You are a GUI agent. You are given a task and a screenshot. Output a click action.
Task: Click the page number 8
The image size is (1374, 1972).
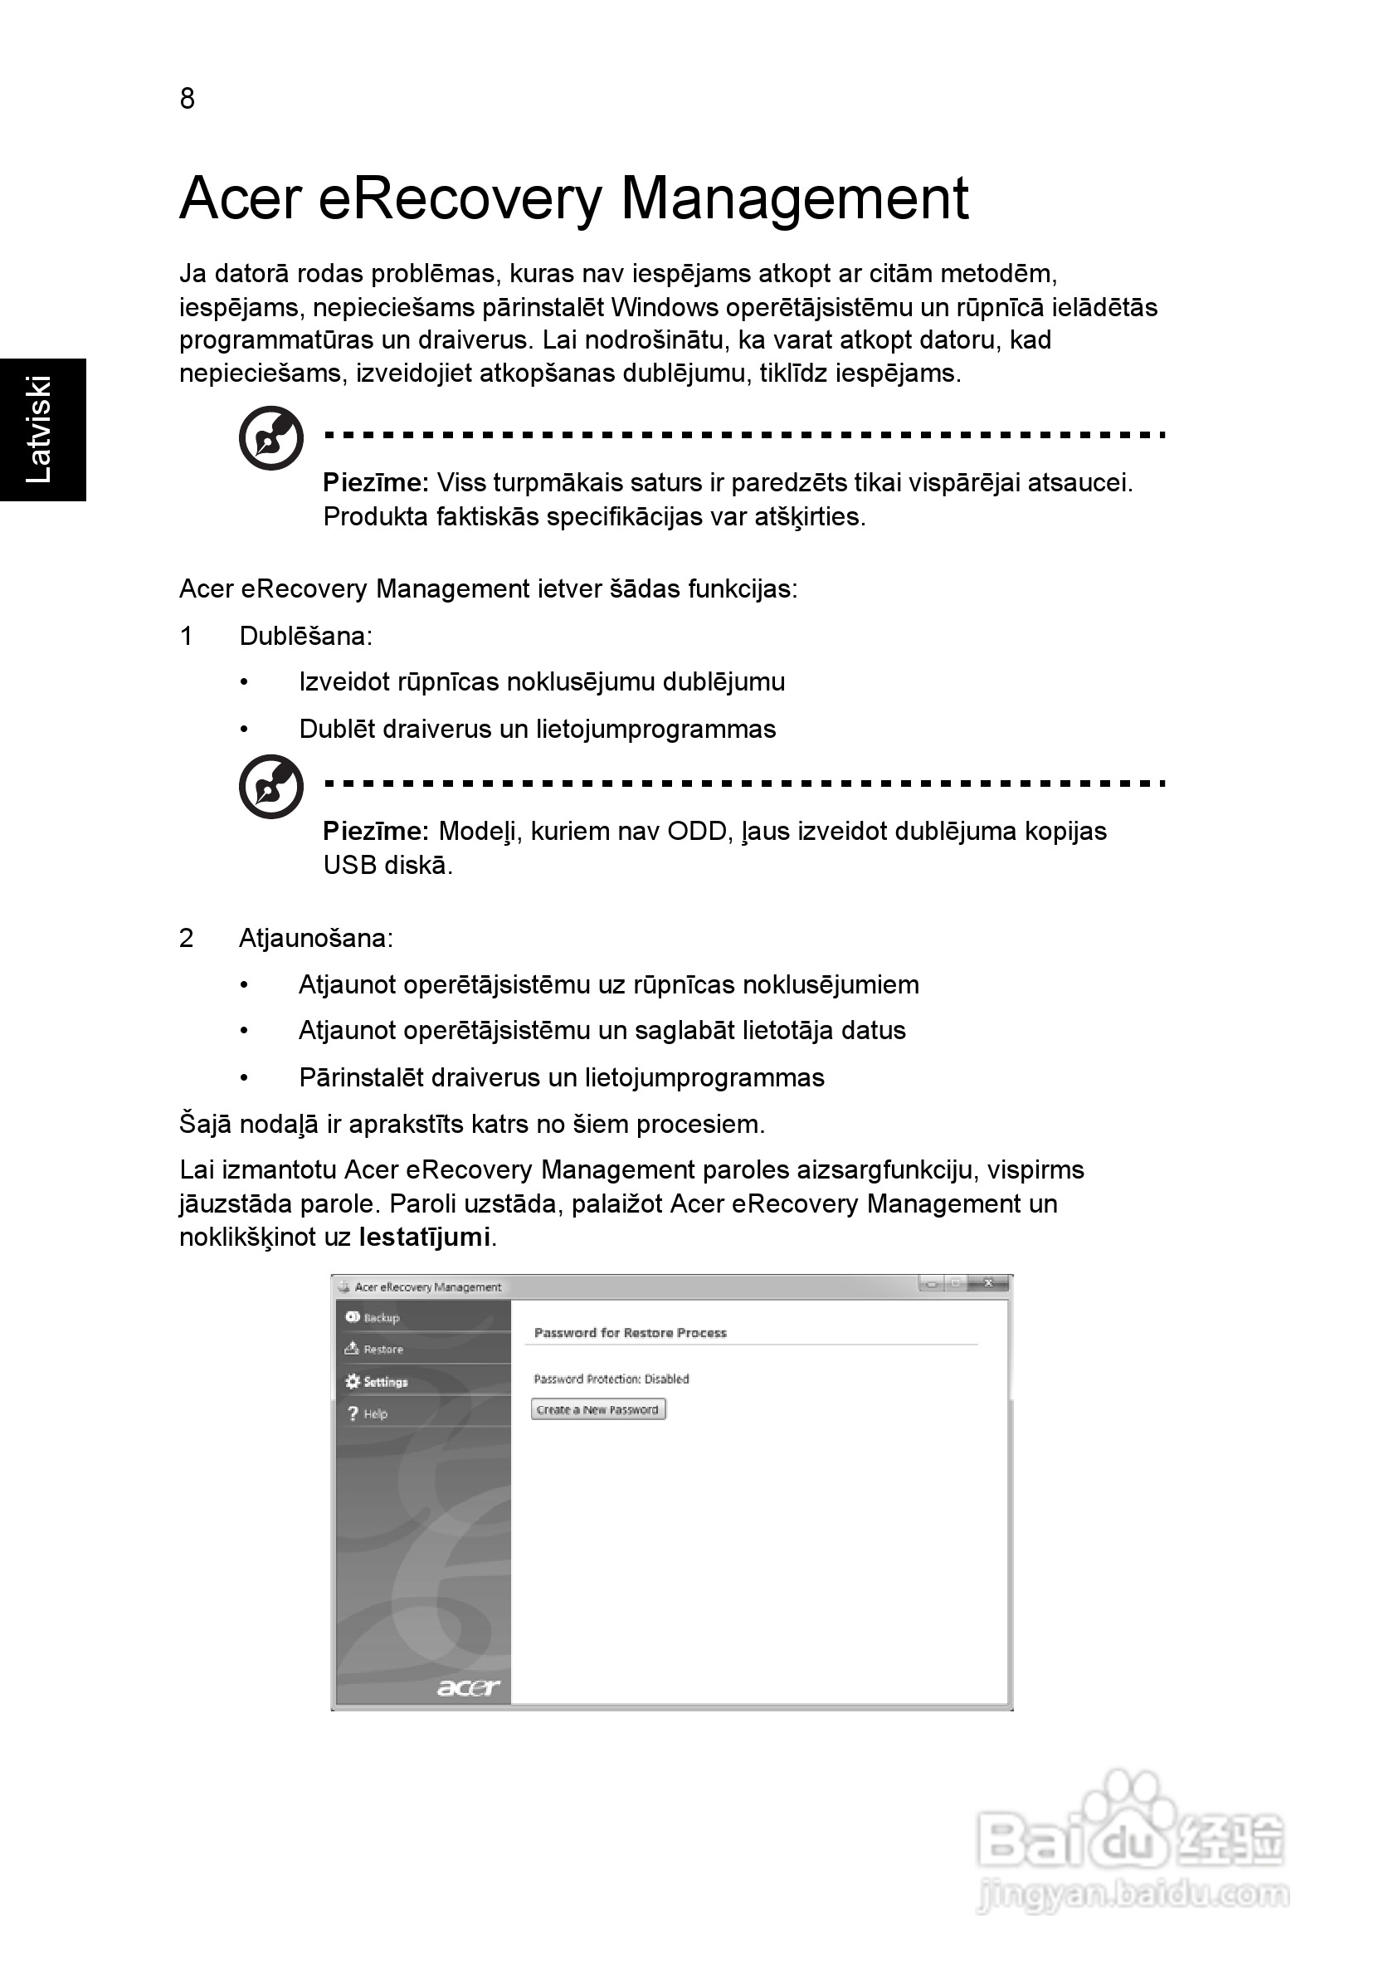tap(188, 100)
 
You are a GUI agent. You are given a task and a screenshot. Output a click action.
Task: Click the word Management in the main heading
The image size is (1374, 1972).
tap(794, 199)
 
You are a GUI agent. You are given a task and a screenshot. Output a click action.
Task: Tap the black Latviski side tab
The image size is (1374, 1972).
tap(41, 429)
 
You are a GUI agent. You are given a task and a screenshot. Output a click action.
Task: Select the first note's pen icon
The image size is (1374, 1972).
tap(271, 438)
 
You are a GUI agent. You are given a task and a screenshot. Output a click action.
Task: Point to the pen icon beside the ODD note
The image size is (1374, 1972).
tap(271, 787)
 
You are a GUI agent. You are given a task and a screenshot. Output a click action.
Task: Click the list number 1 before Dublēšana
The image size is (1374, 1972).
tap(187, 637)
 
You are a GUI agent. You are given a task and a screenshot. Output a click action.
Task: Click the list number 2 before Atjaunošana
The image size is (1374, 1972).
tap(187, 939)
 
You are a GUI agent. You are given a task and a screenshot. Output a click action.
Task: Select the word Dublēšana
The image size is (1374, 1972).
tap(304, 637)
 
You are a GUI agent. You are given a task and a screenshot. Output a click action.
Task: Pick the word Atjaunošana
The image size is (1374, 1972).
tap(314, 939)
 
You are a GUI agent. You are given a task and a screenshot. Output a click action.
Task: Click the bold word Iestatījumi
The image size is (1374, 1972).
tap(425, 1237)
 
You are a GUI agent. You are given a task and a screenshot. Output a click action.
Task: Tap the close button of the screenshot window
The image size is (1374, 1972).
tap(988, 1284)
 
